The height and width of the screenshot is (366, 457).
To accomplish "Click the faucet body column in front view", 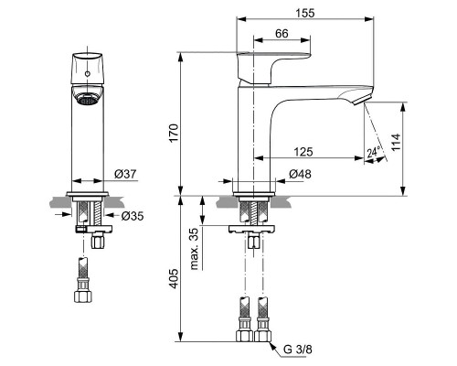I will [88, 146].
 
